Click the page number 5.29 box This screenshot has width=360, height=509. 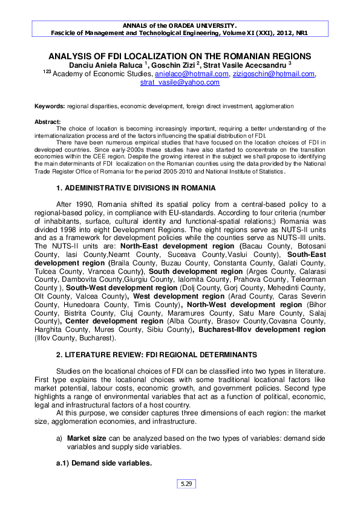tap(185, 484)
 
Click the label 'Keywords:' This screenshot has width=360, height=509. tap(49, 106)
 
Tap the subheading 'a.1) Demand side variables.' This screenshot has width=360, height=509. tap(100, 463)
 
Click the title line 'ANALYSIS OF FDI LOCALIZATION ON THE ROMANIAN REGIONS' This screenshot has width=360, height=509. tap(180, 56)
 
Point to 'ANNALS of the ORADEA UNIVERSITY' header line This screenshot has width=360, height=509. tap(180, 26)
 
